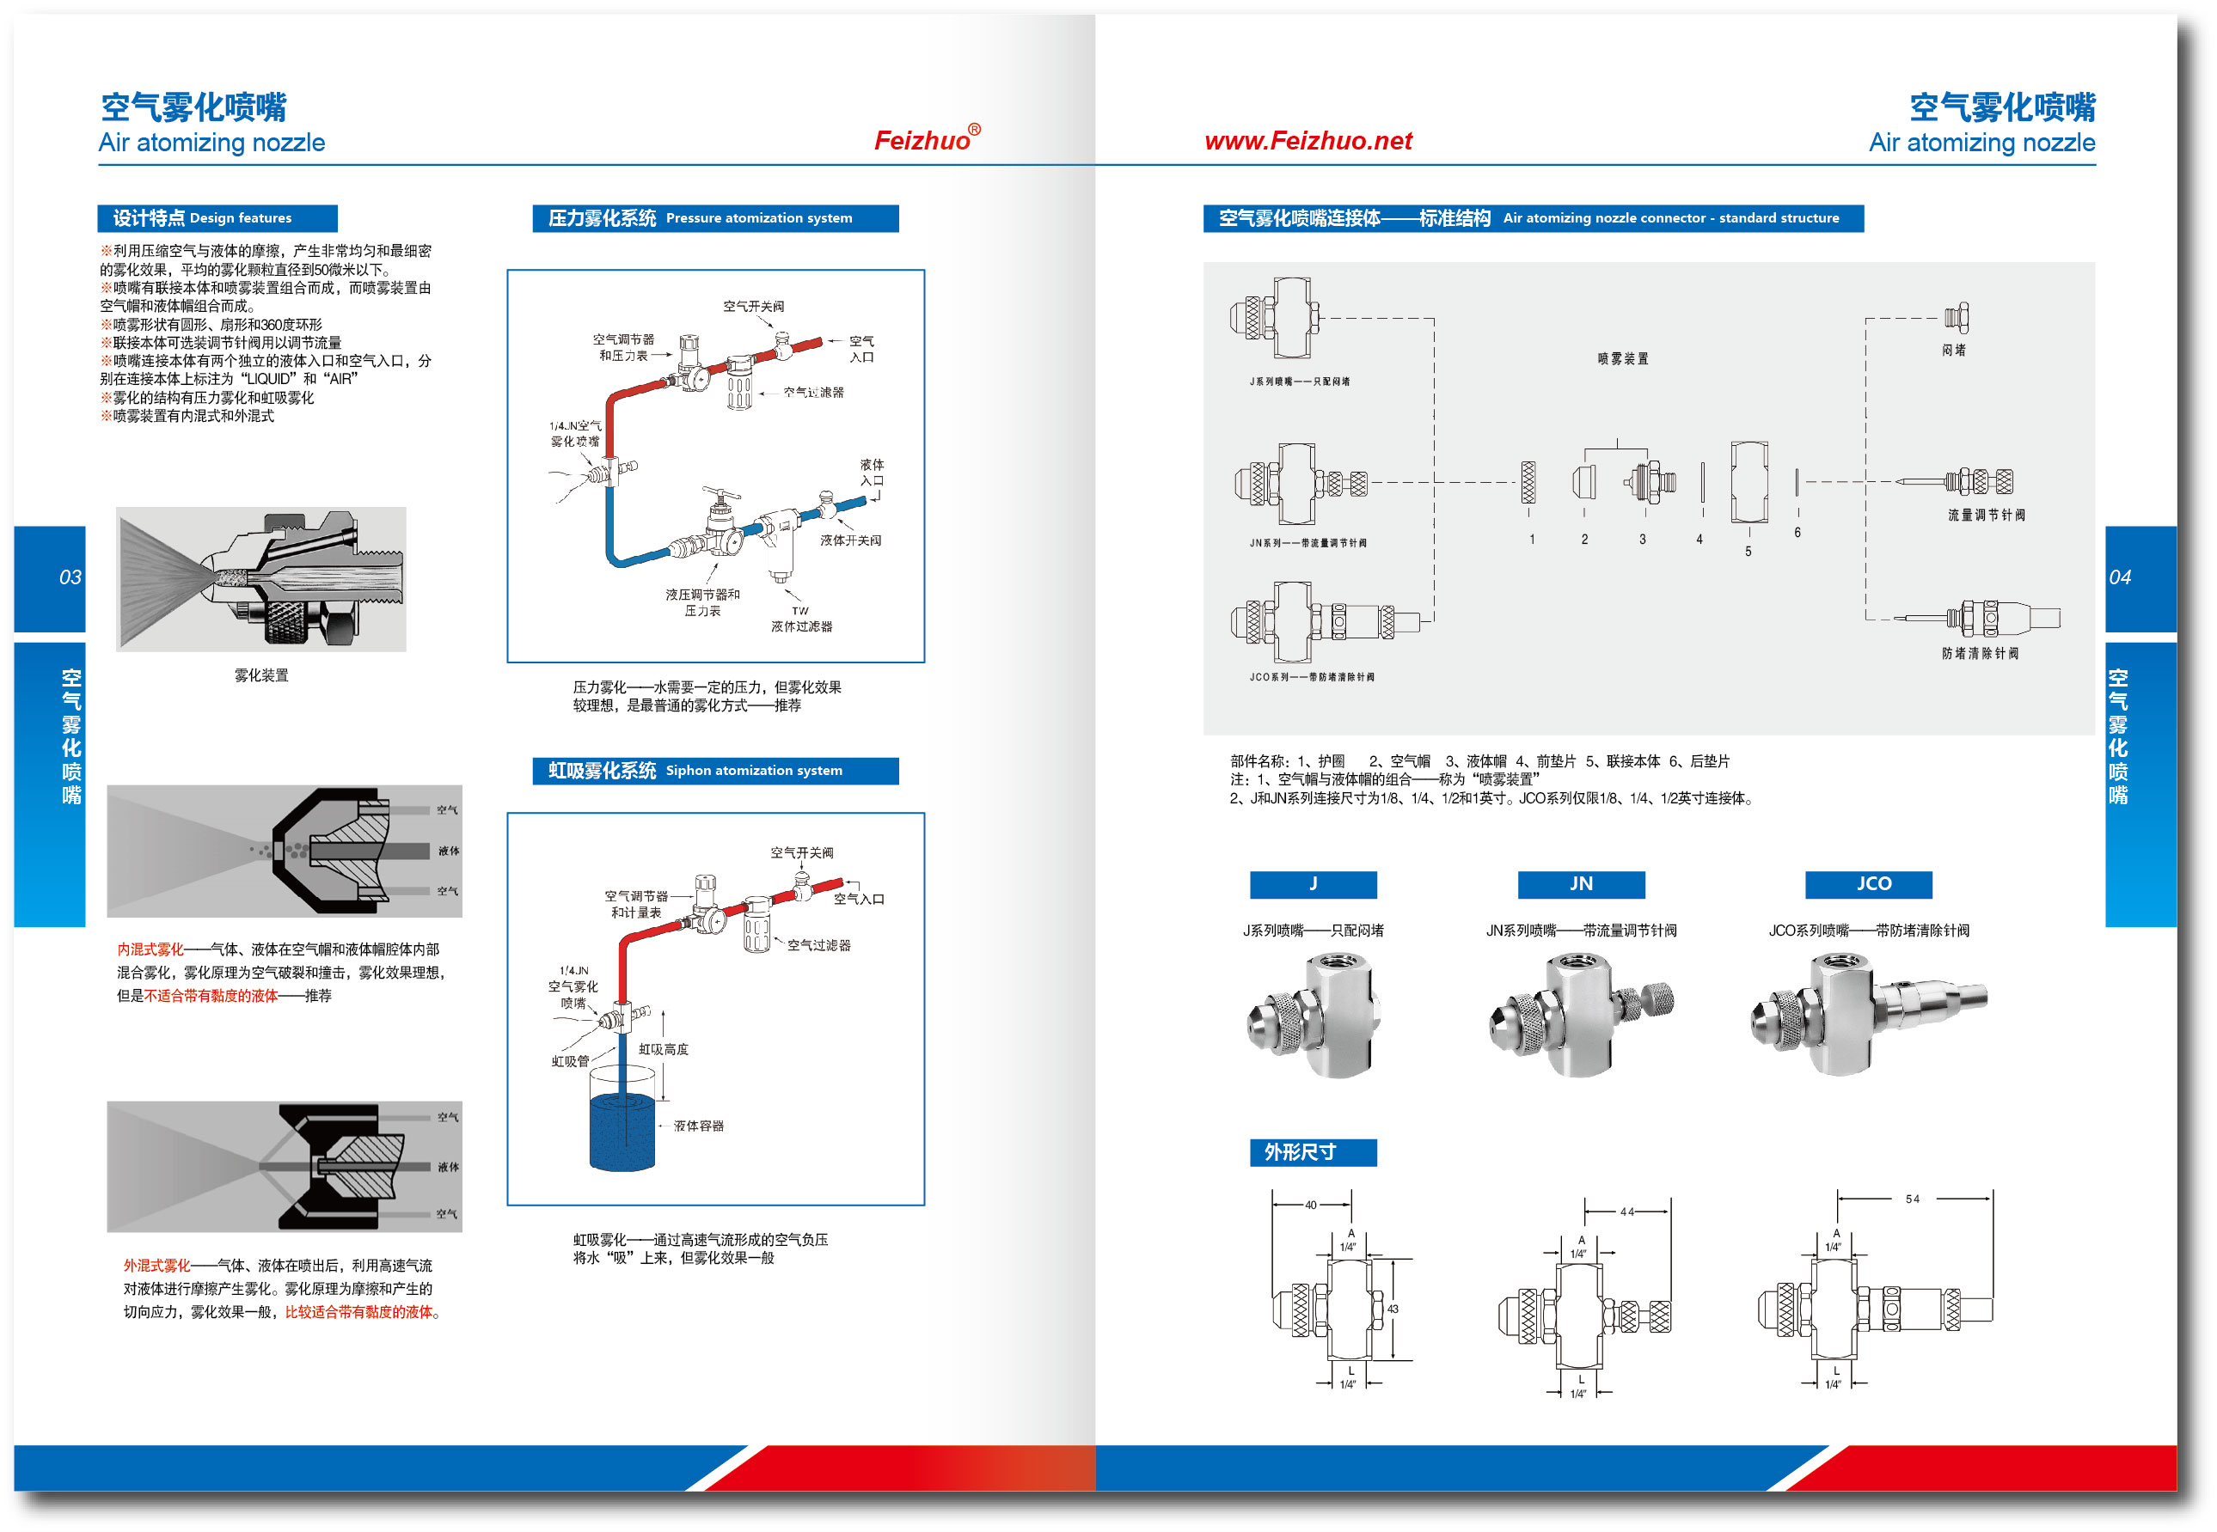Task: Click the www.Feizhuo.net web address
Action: (1308, 141)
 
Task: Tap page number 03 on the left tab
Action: (70, 577)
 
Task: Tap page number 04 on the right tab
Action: (2119, 577)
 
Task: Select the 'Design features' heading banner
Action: (217, 218)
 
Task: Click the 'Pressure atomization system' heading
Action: (715, 218)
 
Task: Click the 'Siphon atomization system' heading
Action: (715, 770)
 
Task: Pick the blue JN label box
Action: (1580, 884)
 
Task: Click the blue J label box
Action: (1313, 884)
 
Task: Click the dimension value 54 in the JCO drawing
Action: (1912, 1199)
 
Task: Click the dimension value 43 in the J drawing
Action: (1393, 1309)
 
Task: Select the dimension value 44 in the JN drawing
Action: (1626, 1212)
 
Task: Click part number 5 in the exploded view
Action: (1748, 552)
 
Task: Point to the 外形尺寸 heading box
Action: (1313, 1152)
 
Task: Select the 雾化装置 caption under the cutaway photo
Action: (261, 674)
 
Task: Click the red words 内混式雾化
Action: (150, 949)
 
